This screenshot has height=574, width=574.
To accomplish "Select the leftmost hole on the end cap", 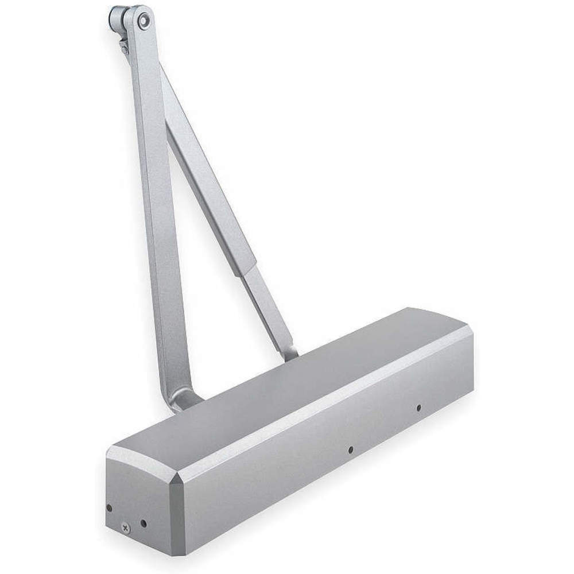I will pyautogui.click(x=109, y=507).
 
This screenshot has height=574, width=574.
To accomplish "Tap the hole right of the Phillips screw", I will pyautogui.click(x=143, y=523).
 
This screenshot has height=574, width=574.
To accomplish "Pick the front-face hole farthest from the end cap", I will pyautogui.click(x=418, y=408).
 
